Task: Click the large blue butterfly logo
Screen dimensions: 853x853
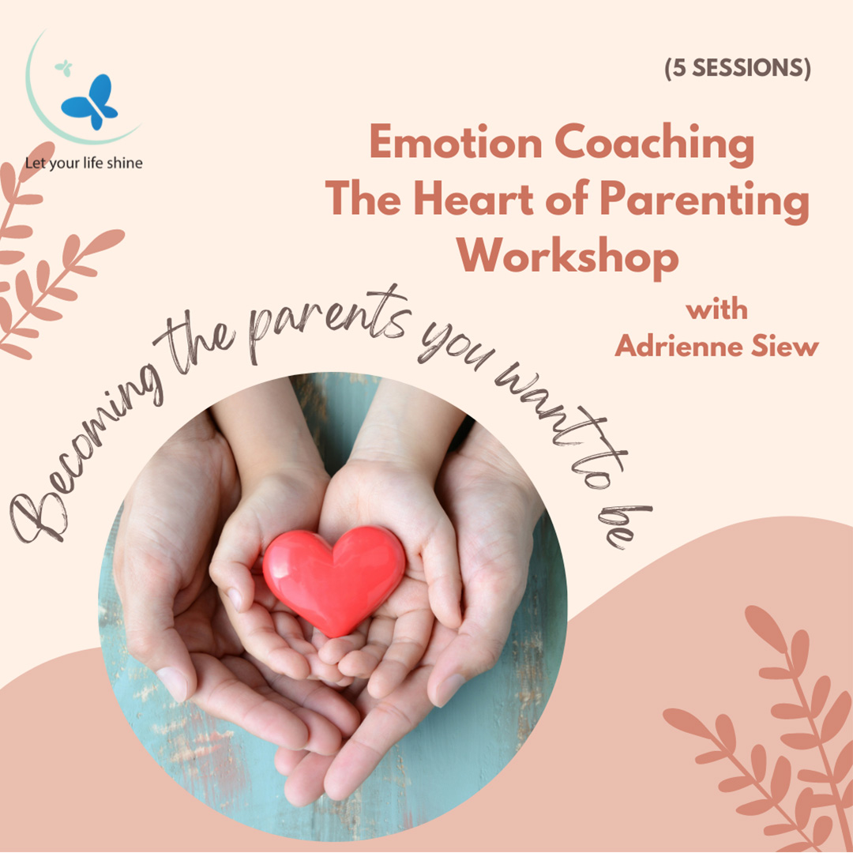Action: point(90,102)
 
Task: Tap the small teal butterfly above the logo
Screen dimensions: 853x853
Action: point(64,67)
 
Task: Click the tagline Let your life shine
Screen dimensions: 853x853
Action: point(84,163)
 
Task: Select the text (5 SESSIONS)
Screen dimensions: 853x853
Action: point(738,68)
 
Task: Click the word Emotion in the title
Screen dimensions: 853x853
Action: point(456,142)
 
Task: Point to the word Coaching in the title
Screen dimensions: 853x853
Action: point(655,145)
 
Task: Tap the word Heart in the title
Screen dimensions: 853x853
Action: point(474,199)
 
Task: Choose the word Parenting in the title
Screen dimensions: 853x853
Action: point(705,202)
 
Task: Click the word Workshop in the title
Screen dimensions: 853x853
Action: point(567,257)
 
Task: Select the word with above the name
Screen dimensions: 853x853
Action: point(716,310)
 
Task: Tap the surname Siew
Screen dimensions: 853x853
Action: point(785,347)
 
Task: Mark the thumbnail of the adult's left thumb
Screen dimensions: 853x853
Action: point(449,690)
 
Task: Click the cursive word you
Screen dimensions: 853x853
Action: point(456,347)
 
